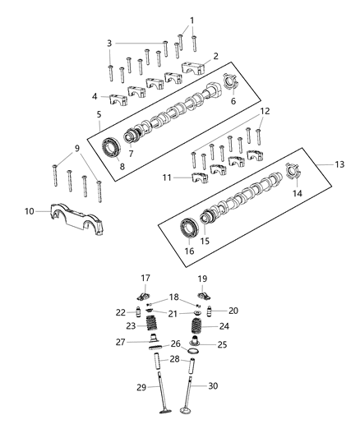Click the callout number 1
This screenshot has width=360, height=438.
point(192,21)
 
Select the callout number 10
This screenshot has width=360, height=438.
point(30,211)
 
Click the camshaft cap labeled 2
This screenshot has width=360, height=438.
point(195,68)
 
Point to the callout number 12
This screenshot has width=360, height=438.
point(264,110)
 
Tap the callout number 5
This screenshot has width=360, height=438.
point(99,114)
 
